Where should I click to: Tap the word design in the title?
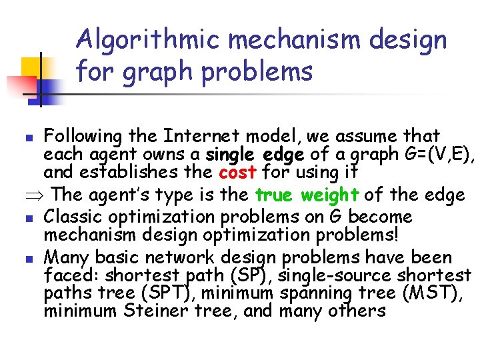tap(409, 41)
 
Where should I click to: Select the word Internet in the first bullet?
tap(193, 137)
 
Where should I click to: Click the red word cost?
tap(239, 171)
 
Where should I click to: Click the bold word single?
tap(231, 154)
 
